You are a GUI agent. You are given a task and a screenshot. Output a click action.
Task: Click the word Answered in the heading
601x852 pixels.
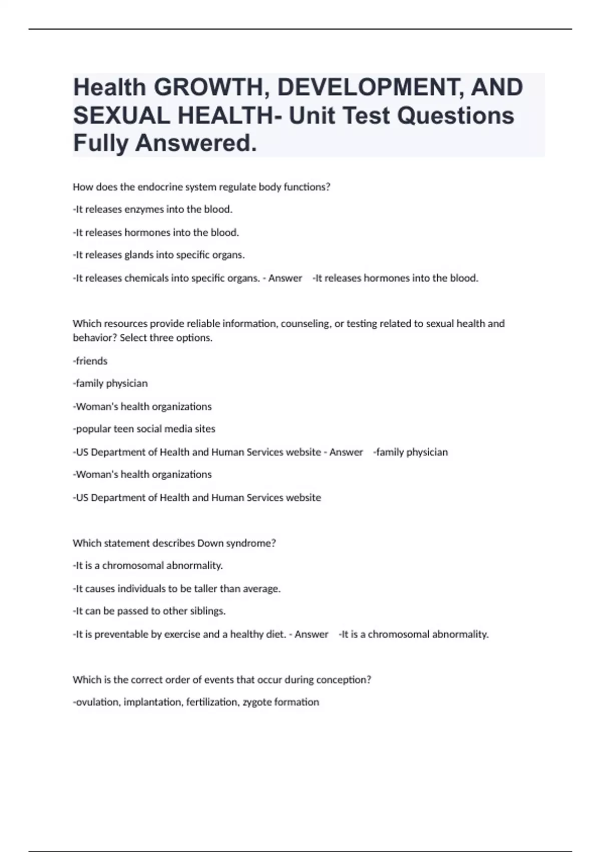click(x=195, y=143)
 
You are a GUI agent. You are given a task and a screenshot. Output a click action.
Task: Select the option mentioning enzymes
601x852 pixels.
click(x=153, y=209)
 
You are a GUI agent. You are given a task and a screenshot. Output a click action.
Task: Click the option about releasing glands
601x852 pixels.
click(x=159, y=255)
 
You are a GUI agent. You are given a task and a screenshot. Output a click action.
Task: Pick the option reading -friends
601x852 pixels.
click(x=90, y=361)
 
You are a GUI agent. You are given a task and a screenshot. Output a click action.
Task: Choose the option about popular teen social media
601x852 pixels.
click(x=144, y=429)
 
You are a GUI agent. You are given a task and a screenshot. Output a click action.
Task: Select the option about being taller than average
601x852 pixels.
click(x=177, y=589)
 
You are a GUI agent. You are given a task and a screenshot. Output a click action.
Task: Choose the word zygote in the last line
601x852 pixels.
click(x=257, y=702)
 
